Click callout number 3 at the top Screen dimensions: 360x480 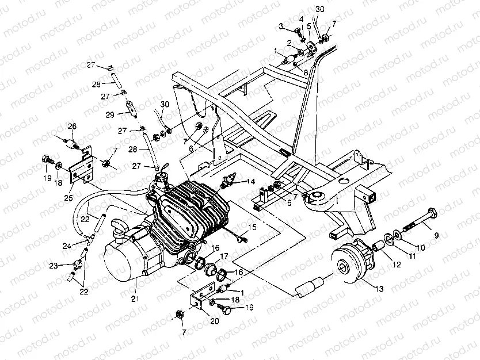pos(280,26)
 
